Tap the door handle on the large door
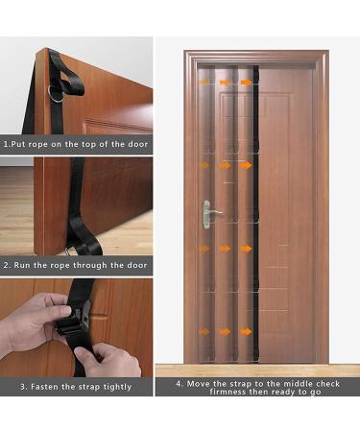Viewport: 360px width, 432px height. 212,212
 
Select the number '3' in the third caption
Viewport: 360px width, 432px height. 23,387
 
